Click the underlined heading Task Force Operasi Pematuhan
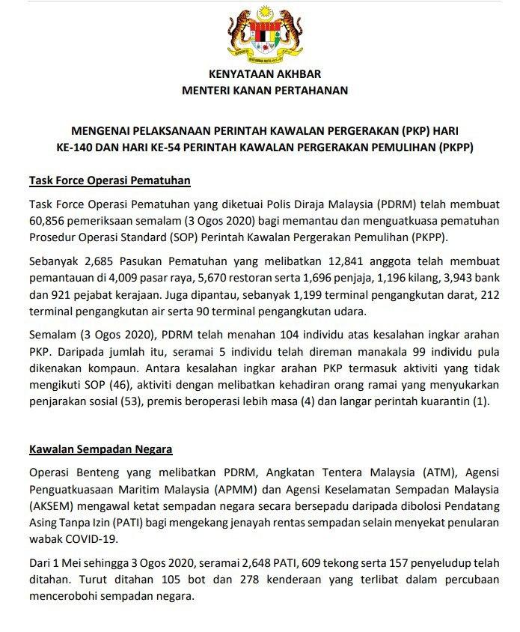pos(110,180)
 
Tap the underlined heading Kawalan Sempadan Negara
pos(100,449)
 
